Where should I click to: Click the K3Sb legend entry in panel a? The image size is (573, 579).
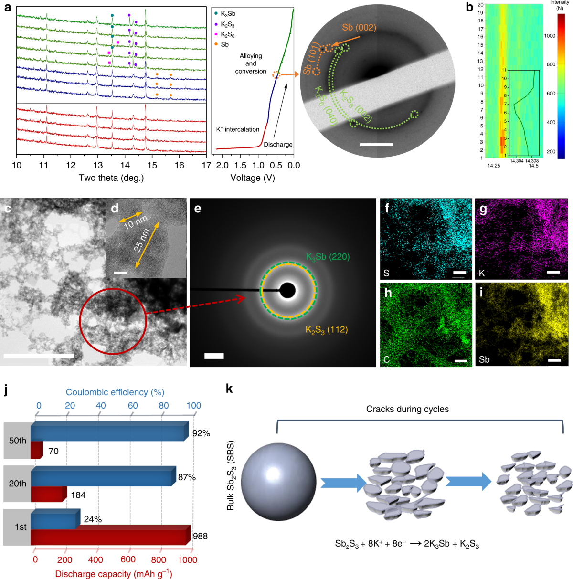click(x=227, y=14)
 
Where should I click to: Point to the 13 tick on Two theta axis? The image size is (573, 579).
click(x=98, y=165)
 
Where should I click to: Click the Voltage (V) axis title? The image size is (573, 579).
click(x=253, y=178)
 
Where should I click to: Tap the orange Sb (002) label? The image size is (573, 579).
click(x=359, y=28)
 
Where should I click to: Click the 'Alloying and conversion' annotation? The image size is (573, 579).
click(x=251, y=63)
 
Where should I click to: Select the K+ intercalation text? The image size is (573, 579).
click(x=238, y=129)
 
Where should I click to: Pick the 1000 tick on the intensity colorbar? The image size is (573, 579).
click(x=550, y=36)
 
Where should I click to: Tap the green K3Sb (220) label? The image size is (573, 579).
click(x=328, y=257)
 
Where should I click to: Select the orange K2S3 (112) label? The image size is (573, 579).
click(x=327, y=330)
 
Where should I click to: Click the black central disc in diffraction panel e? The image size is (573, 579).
click(x=287, y=290)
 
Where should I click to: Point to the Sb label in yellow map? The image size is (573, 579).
click(x=484, y=359)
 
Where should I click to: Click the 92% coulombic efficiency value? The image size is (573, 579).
click(x=201, y=433)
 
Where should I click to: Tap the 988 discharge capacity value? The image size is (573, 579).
click(x=200, y=536)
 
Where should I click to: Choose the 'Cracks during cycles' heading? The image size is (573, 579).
click(x=407, y=409)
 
